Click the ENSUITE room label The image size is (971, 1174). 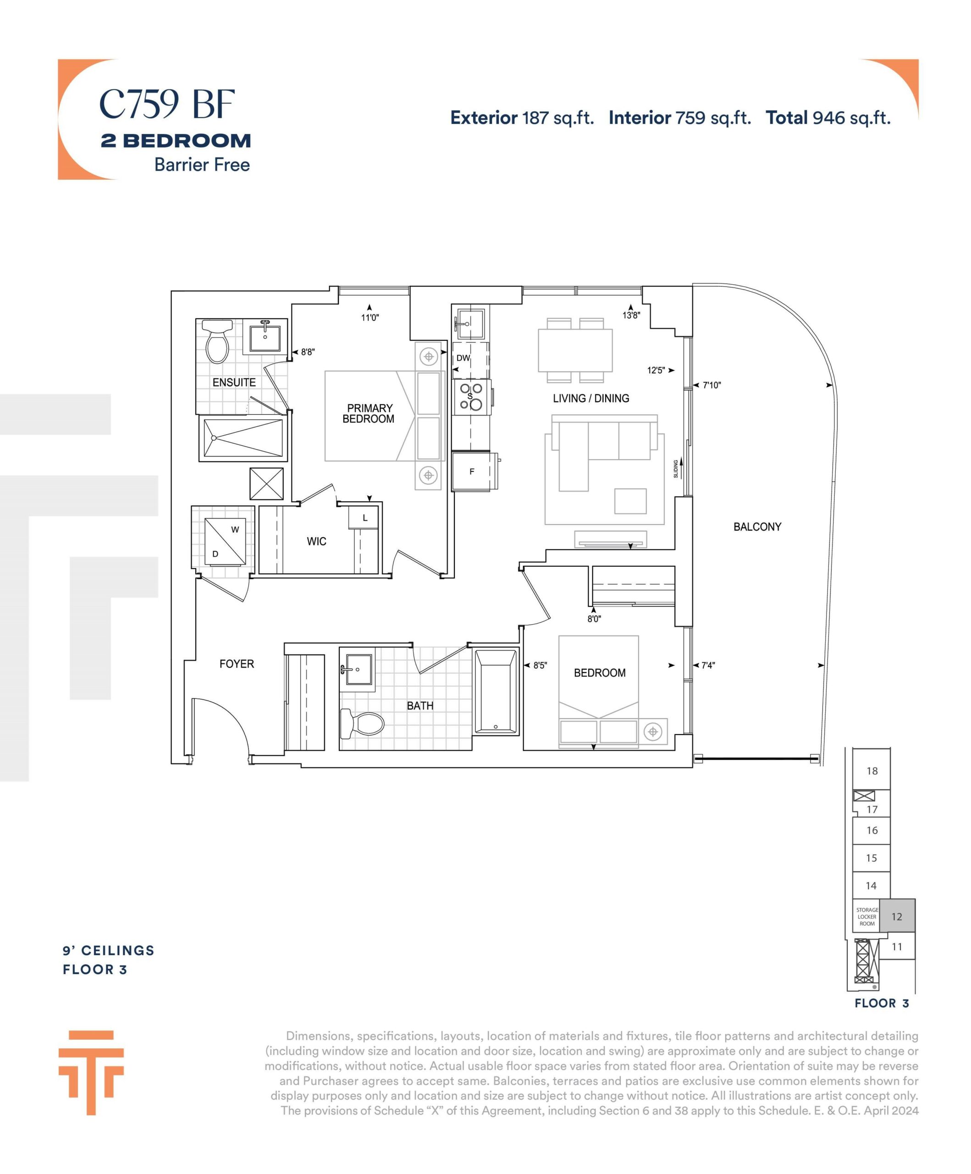(234, 382)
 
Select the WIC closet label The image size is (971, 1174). (316, 541)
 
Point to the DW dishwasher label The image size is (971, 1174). (463, 358)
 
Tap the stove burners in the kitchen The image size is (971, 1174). (471, 397)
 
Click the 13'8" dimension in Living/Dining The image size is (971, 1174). (631, 316)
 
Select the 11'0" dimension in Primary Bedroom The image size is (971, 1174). (370, 317)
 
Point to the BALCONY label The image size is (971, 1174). (757, 526)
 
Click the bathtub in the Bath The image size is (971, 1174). (496, 691)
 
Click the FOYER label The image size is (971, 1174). (237, 664)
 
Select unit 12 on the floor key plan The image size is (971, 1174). (897, 916)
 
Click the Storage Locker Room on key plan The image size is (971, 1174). (866, 916)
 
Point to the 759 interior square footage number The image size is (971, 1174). (690, 118)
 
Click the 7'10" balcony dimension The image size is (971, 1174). (712, 385)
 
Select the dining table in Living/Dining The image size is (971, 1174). (575, 350)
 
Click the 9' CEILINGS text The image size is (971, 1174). (109, 950)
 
